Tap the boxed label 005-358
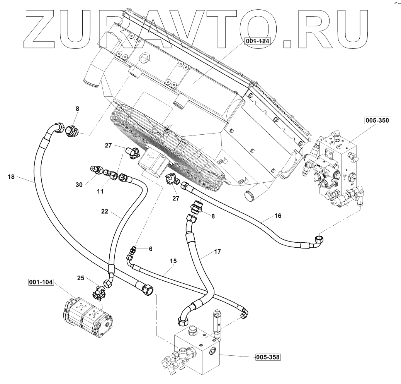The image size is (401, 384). (x=267, y=357)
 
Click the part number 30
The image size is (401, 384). (x=80, y=185)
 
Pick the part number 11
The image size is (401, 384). (x=100, y=191)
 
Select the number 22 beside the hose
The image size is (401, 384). (x=104, y=211)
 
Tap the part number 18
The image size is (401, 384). (x=11, y=177)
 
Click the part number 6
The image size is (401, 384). (x=151, y=249)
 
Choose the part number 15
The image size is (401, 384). (x=173, y=261)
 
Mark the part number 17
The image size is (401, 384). (x=217, y=252)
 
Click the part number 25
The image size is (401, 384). (x=80, y=278)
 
